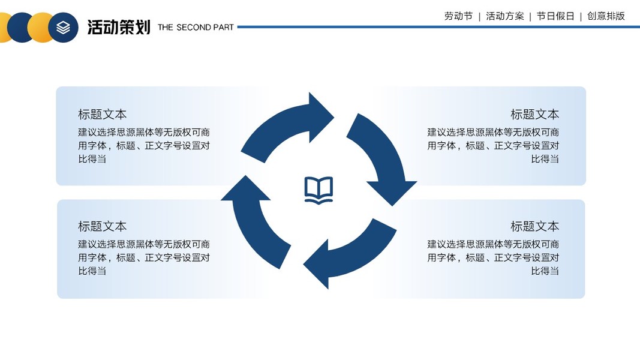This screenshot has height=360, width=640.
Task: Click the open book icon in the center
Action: point(319,190)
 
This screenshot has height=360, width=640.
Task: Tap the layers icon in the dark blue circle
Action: point(64,28)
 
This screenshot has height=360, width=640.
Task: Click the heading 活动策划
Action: point(119,27)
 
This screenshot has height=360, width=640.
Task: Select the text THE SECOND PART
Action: point(196,27)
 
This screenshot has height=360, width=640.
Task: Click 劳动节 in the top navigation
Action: point(458,16)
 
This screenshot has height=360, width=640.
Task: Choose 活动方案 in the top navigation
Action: point(504,16)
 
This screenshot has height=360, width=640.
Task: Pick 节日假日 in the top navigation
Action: point(555,16)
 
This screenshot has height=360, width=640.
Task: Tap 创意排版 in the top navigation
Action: point(606,16)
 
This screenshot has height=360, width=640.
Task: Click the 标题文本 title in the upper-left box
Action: point(103,114)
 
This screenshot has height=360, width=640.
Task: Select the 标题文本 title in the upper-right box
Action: point(534,114)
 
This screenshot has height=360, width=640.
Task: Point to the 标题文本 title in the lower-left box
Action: point(103,226)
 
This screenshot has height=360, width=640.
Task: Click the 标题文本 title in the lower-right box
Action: point(534,226)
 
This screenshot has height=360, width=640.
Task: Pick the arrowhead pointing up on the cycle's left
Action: point(245,188)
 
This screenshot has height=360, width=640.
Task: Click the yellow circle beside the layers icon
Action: point(41,28)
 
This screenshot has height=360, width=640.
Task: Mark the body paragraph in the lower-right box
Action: point(493,257)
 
